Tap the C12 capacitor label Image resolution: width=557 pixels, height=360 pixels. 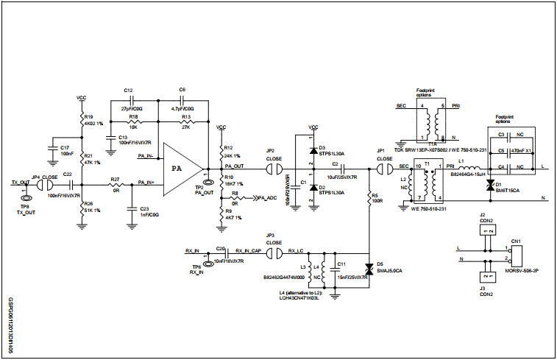[129, 89]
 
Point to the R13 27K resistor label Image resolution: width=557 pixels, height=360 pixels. [186, 116]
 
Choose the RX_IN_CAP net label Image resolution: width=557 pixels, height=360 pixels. [248, 250]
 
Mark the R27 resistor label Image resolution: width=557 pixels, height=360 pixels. [115, 179]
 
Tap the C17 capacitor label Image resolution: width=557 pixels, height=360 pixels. [65, 147]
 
